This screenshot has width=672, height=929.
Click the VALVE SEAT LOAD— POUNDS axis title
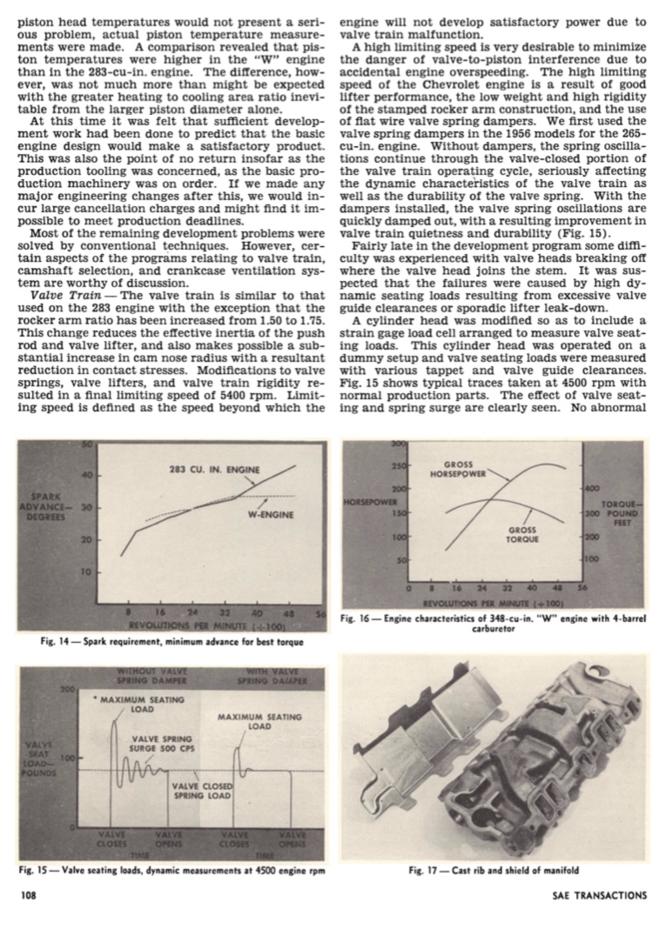pos(40,758)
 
